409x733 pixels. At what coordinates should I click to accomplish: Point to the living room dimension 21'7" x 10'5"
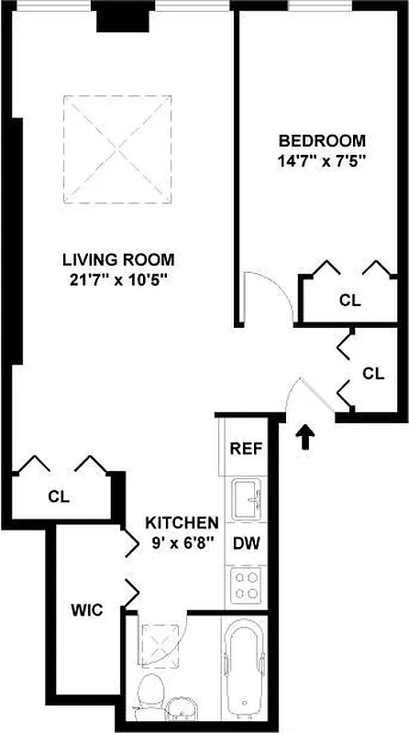click(118, 279)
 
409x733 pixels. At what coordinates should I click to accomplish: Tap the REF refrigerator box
click(247, 449)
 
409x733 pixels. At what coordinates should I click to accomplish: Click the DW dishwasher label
click(247, 542)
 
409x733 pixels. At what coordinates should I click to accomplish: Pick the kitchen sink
click(247, 498)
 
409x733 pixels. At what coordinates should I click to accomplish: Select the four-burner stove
click(247, 584)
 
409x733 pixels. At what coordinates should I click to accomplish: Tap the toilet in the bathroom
click(148, 699)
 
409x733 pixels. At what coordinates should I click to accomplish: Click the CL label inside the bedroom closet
click(349, 300)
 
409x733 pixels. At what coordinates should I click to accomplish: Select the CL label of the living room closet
click(59, 498)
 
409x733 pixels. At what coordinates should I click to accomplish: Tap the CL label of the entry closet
click(373, 373)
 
